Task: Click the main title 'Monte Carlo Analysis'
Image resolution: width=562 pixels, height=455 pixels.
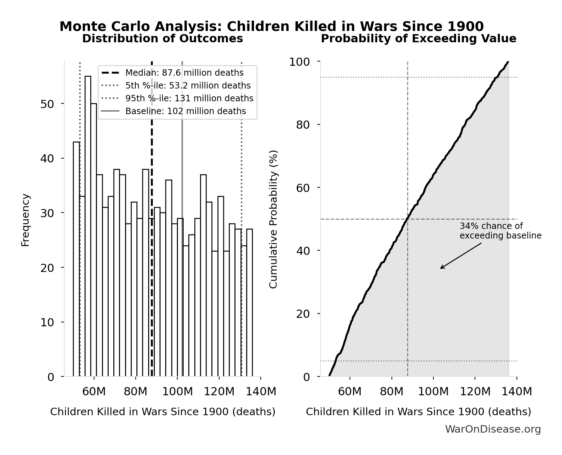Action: [271, 27]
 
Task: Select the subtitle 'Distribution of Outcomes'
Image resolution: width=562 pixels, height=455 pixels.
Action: [162, 38]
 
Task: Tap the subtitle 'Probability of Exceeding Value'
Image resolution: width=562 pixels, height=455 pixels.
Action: [418, 38]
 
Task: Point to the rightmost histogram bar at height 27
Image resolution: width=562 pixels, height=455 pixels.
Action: [249, 303]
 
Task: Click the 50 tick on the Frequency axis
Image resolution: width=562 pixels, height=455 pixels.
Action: [47, 104]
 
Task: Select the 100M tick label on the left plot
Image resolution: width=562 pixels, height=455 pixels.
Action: [177, 392]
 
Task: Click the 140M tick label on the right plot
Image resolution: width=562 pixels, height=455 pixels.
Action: [517, 392]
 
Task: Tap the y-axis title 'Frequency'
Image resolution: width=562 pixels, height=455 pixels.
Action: [26, 220]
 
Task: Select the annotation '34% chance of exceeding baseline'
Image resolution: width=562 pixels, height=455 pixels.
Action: [500, 231]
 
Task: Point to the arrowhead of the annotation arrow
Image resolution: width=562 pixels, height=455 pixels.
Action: [441, 268]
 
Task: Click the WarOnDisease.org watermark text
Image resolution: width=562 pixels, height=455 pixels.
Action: [493, 429]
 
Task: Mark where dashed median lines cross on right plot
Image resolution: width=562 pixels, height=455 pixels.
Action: [407, 219]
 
